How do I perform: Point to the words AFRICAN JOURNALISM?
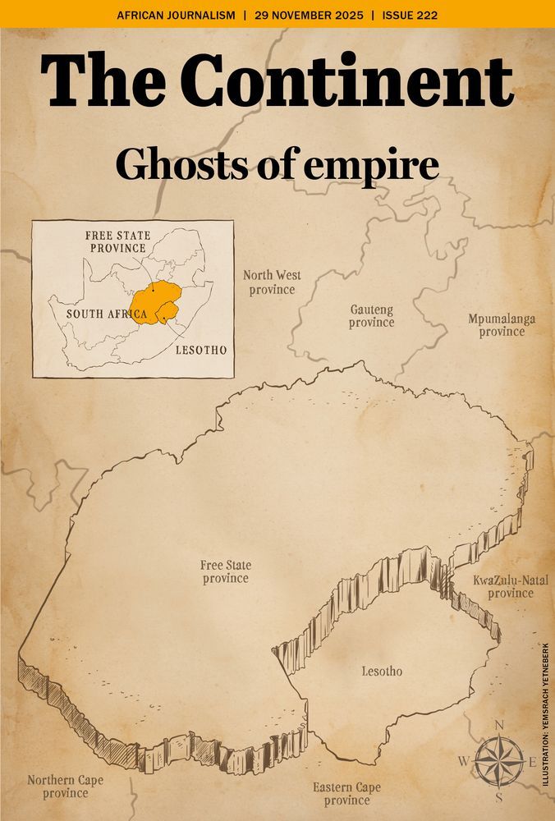click(x=176, y=15)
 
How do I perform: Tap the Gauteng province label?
click(x=371, y=316)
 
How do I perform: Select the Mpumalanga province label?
click(x=502, y=325)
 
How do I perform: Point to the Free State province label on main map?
click(x=226, y=571)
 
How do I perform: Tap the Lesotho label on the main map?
click(x=383, y=672)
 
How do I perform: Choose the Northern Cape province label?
click(x=66, y=787)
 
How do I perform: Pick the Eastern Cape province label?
click(x=346, y=794)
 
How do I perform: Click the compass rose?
click(x=498, y=761)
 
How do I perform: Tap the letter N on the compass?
click(x=498, y=725)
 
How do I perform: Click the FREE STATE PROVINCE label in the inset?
click(x=118, y=242)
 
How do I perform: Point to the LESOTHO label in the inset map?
click(x=201, y=350)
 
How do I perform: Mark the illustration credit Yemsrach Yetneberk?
click(x=545, y=713)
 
